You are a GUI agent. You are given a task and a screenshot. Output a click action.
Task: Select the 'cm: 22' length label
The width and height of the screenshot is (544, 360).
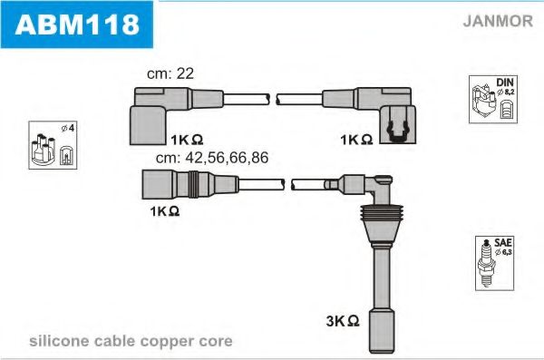click(171, 73)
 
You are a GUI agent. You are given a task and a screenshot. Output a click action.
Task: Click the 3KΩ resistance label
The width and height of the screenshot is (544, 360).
click(342, 320)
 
